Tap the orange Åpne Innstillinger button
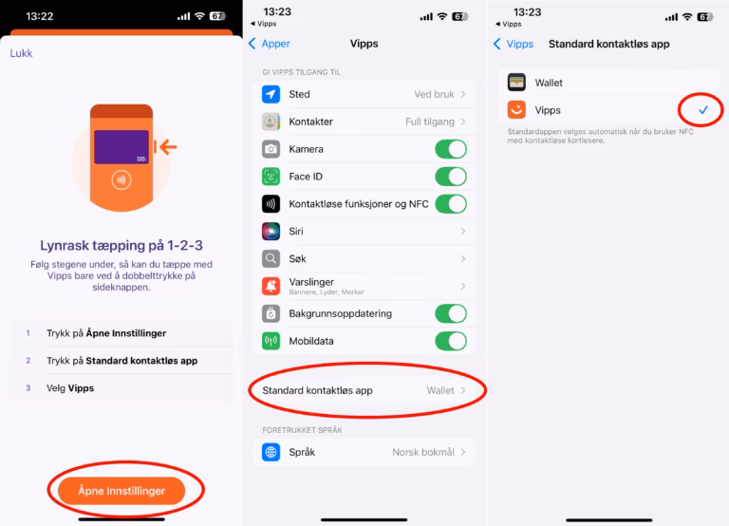click(121, 491)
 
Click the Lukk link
click(22, 53)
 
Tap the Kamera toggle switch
click(451, 149)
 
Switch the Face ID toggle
click(451, 177)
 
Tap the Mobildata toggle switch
click(451, 341)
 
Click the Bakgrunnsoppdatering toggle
click(451, 313)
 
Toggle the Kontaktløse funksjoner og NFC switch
click(451, 204)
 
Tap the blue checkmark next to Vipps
click(703, 110)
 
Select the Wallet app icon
click(516, 83)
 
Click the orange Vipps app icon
click(516, 110)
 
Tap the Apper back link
click(270, 44)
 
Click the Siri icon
click(271, 231)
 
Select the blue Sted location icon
click(271, 94)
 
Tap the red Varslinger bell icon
click(271, 286)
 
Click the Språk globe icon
click(271, 452)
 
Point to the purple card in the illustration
click(121, 147)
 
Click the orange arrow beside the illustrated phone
click(168, 147)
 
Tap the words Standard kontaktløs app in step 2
click(141, 361)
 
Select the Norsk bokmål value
click(423, 452)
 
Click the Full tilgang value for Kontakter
click(430, 122)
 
